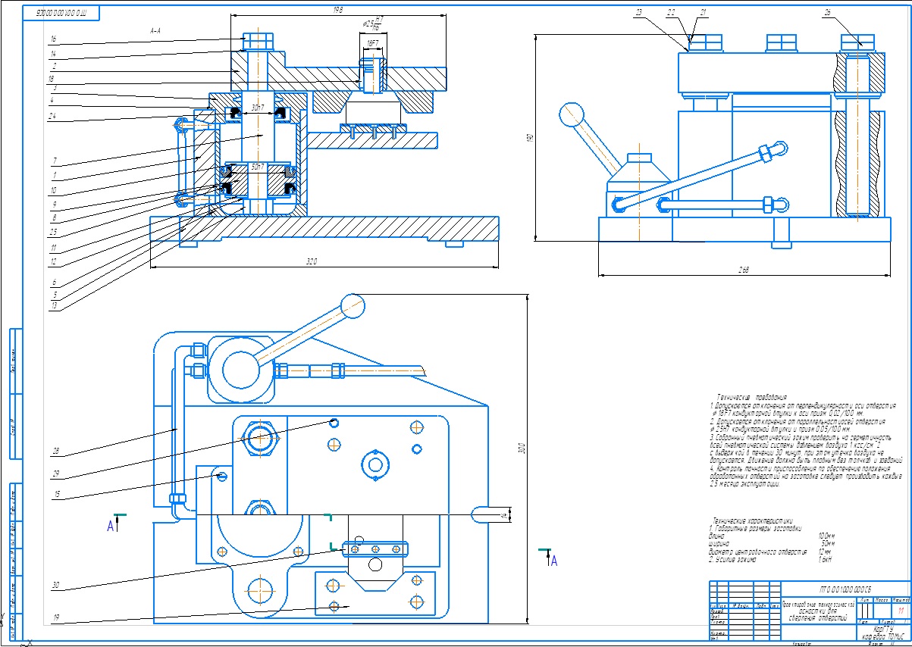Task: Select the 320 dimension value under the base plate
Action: [311, 261]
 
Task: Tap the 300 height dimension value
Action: [521, 449]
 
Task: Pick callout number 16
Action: [53, 37]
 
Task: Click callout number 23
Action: [639, 13]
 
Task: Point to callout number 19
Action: [56, 617]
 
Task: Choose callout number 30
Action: [56, 585]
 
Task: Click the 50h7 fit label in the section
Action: [258, 166]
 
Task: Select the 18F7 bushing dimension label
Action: [372, 44]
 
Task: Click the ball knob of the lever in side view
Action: [570, 115]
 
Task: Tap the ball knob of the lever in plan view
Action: [352, 305]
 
